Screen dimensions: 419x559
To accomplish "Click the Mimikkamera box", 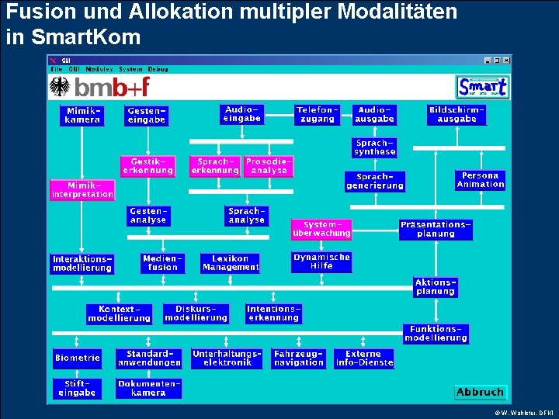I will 82,116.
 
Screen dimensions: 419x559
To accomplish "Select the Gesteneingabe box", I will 147,116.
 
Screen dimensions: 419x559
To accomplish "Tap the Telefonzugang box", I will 318,115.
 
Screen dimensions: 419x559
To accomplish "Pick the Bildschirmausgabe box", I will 457,115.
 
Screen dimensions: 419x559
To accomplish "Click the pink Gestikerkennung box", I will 148,166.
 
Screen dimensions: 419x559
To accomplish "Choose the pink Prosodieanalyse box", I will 269,166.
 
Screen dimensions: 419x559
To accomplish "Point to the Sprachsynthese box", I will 375,147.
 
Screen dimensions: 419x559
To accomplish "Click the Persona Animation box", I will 480,180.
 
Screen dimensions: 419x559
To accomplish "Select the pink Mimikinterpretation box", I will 82,190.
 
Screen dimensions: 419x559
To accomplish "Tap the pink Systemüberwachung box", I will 321,229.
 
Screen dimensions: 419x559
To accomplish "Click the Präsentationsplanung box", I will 436,229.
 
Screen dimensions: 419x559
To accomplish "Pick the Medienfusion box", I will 163,263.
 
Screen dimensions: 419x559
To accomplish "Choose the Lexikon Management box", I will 231,263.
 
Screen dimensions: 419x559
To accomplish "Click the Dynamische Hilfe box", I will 321,261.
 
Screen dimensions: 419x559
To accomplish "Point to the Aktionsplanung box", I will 435,287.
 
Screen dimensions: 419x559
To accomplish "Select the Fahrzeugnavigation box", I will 299,358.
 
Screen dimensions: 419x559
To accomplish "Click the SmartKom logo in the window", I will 482,87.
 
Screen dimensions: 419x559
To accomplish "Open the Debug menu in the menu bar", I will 158,69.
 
